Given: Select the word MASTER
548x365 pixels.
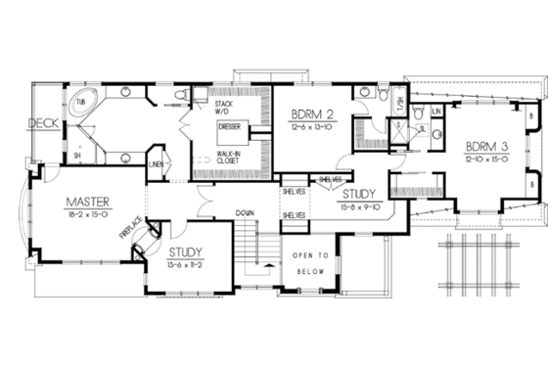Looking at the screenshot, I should [86, 202].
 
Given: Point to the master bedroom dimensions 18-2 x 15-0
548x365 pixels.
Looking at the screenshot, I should [86, 214].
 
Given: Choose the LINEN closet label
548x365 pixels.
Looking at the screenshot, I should [155, 163].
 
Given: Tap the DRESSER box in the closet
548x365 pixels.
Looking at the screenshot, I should [231, 126].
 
